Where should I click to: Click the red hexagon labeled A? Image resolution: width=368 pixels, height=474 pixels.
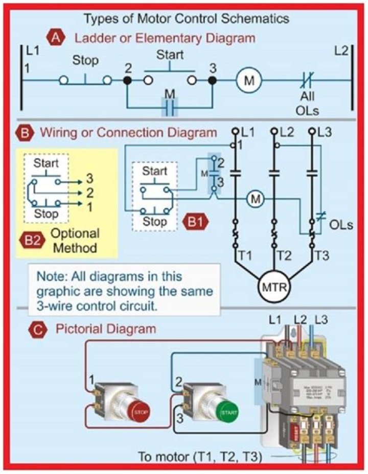(55, 37)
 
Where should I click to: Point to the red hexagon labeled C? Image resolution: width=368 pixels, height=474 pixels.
(37, 329)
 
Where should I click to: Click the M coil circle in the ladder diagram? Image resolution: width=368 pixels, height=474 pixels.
(248, 80)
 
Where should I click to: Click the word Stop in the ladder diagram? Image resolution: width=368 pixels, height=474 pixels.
(85, 61)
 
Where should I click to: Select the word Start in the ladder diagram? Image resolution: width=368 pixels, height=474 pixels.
(170, 54)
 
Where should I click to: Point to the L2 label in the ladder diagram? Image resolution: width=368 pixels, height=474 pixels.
(342, 51)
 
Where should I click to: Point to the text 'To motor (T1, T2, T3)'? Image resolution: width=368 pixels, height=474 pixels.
(200, 456)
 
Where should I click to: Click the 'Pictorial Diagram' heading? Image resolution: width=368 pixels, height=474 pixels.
(105, 329)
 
